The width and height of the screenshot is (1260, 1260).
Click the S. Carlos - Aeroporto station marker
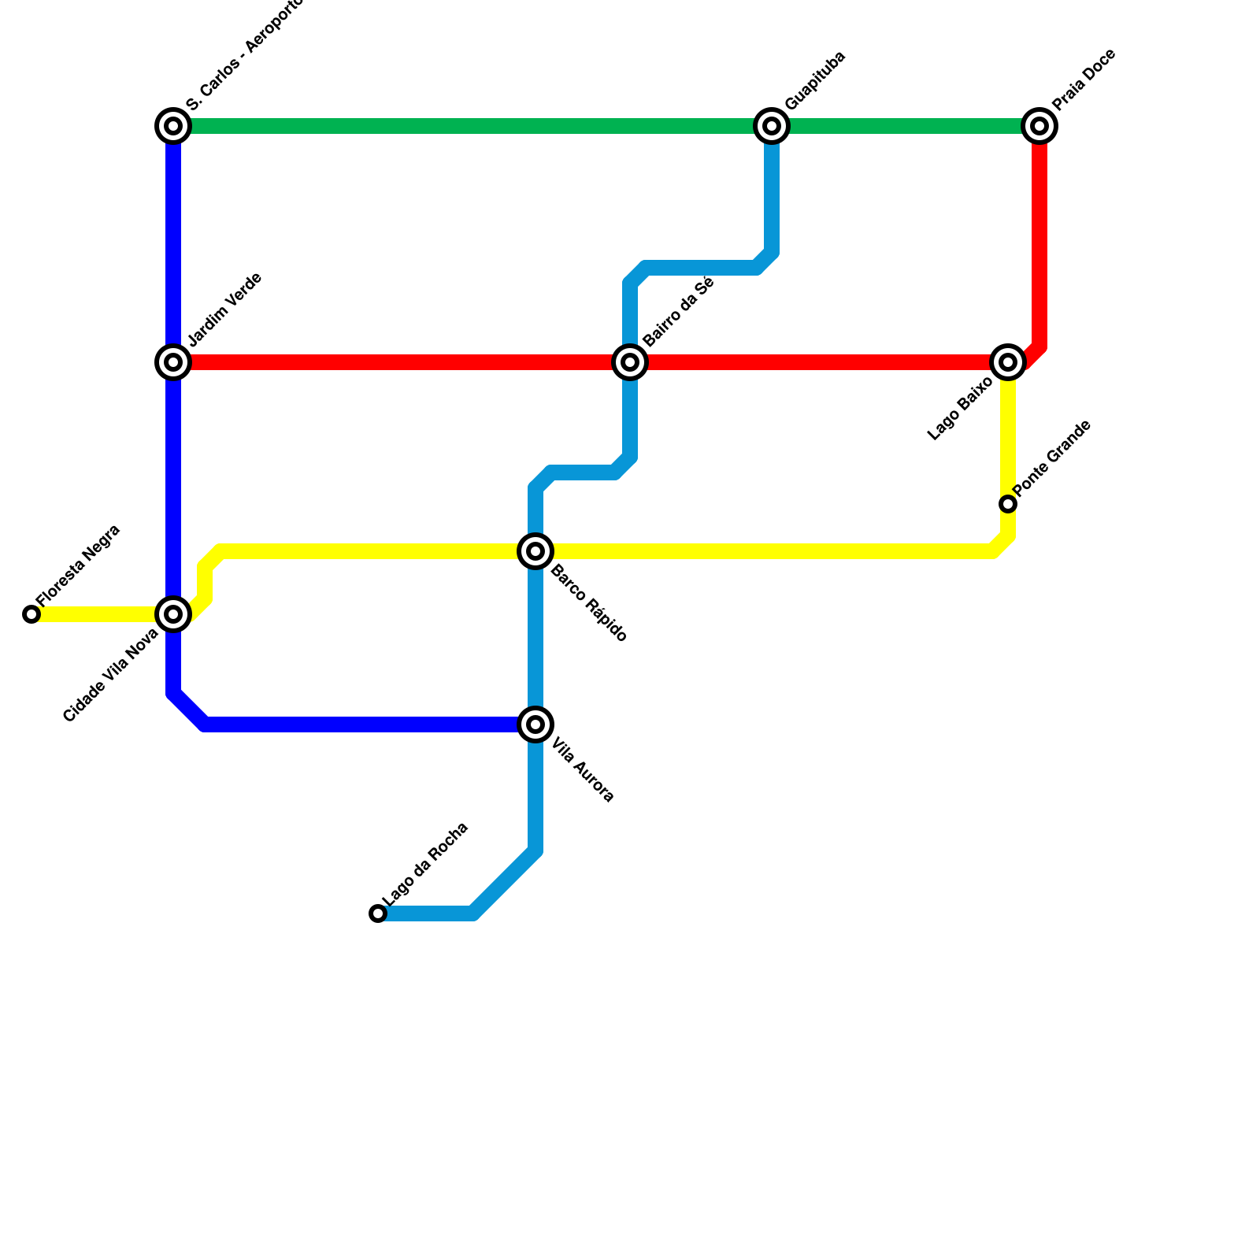[173, 126]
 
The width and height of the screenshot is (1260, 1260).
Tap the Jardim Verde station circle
[173, 362]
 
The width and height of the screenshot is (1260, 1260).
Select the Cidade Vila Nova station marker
[173, 614]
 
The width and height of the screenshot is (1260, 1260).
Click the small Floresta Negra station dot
[31, 614]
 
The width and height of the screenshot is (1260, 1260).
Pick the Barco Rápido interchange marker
[535, 551]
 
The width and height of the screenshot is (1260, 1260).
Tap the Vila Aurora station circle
[535, 724]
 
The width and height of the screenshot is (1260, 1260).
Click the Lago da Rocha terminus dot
[378, 913]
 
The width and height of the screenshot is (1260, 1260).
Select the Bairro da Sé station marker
[630, 362]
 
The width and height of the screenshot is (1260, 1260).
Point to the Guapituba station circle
[772, 126]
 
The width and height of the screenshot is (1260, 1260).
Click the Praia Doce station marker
[1039, 126]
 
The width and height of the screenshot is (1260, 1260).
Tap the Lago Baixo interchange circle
[1008, 362]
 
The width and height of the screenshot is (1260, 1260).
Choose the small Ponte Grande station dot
[1008, 504]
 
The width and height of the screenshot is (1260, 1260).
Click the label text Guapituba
[815, 80]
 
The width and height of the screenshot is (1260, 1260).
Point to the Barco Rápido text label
[588, 604]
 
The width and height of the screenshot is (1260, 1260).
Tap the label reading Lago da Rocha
[425, 864]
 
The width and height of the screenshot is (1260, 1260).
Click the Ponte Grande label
[1053, 458]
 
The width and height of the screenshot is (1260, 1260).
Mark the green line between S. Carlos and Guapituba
[472, 126]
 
